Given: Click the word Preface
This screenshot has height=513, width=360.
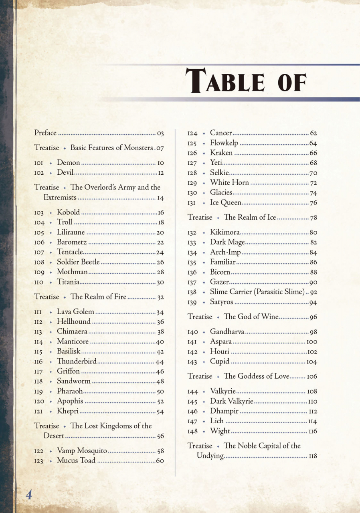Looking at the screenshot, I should coord(45,133).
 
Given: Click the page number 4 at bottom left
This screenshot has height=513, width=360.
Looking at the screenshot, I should coord(29,495).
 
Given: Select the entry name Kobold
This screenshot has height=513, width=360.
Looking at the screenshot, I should coord(68,212).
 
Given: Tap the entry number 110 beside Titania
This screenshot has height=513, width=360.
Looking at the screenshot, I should coord(39,283).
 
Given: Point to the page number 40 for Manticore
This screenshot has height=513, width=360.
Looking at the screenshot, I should coord(160,342).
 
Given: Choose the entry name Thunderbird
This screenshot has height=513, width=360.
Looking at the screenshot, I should coord(77,362).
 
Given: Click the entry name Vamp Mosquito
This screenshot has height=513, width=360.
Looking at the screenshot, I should coord(82,451).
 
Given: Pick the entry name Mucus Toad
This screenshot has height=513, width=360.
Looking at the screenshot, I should coord(76,460).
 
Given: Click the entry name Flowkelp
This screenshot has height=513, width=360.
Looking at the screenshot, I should coord(224,143).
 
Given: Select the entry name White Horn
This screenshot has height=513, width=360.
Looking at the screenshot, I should coord(229,183).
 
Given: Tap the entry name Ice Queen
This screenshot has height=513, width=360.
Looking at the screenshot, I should coord(226,203).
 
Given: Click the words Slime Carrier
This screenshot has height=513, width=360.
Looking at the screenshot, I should coord(236,292).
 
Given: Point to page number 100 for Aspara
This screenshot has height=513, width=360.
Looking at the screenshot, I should coord(311,342).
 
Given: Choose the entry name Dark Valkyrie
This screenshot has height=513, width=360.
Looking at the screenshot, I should coord(232,401).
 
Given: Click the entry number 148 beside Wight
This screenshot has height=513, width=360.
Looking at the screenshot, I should coord(192,432).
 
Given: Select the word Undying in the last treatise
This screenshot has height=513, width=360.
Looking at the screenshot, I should coord(210,456).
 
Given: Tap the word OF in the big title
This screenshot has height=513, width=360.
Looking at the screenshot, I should coord(292,81).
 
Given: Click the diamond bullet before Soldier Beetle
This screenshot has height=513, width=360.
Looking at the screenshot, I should coord(51,263).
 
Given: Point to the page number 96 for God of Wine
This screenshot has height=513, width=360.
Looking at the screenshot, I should coord(313,317).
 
